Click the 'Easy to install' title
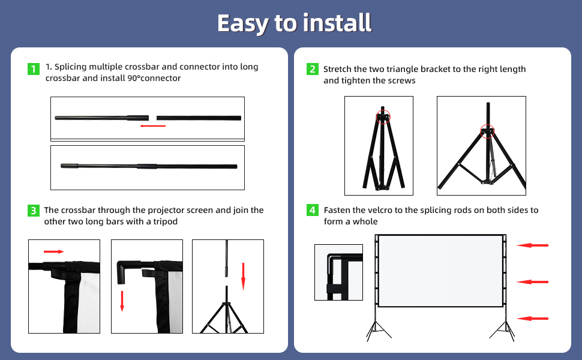(294, 23)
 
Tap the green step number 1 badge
(34, 68)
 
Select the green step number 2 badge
(312, 70)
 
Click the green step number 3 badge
(34, 211)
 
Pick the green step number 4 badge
(312, 210)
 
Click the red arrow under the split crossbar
(152, 125)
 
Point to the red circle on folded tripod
(383, 116)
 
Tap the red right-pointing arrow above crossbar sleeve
(53, 252)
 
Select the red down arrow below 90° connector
(122, 300)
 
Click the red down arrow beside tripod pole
(243, 276)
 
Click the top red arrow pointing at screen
(533, 245)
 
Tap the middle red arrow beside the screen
(533, 281)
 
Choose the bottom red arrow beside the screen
(533, 319)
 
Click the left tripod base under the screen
(377, 330)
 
